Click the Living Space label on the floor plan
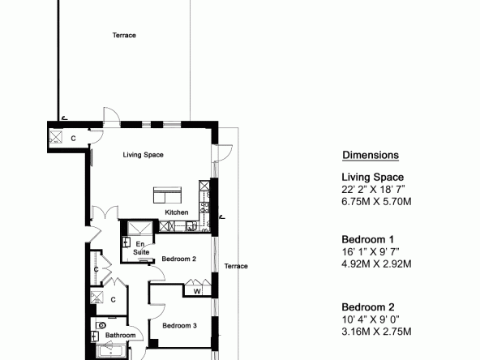143,155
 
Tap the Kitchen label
177,212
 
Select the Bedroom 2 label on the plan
178,259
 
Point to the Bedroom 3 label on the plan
179,325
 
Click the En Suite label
141,248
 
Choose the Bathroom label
120,335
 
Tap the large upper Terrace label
124,35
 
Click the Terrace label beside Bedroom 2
236,266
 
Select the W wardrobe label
197,291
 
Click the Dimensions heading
371,155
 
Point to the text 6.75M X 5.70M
376,201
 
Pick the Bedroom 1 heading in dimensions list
367,239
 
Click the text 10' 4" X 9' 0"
371,319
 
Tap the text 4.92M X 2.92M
376,264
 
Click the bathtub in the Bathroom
111,351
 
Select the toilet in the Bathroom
101,325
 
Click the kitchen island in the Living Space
167,195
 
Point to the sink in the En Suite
126,242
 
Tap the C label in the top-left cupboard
73,139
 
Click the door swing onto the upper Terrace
112,114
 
